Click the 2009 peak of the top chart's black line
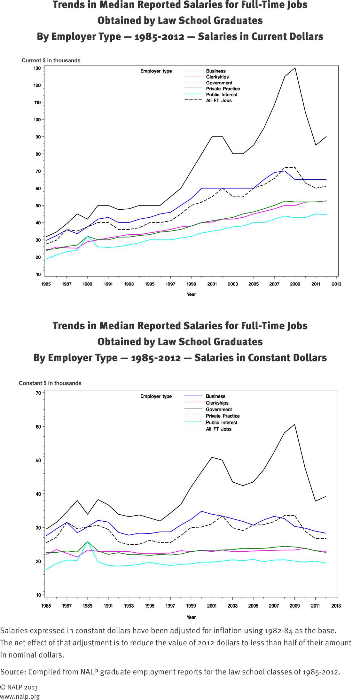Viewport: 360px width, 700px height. pyautogui.click(x=295, y=68)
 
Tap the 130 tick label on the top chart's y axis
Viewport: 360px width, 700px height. pyautogui.click(x=37, y=68)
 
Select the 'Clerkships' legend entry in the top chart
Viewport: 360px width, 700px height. pyautogui.click(x=217, y=77)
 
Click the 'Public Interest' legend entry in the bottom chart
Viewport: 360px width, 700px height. pyautogui.click(x=221, y=423)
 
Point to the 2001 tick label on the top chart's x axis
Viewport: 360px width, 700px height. pyautogui.click(x=212, y=284)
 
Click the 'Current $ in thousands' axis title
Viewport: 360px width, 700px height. pyautogui.click(x=51, y=60)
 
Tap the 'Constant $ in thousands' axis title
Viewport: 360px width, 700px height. pyautogui.click(x=50, y=383)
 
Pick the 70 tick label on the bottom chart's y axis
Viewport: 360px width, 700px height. pyautogui.click(x=38, y=393)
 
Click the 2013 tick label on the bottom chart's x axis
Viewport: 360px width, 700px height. pyautogui.click(x=336, y=606)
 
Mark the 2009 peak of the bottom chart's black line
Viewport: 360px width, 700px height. pyautogui.click(x=294, y=424)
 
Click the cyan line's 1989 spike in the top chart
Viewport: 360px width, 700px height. pyautogui.click(x=87, y=237)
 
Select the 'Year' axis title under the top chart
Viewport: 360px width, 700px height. pyautogui.click(x=191, y=294)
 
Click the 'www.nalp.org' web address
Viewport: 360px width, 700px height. pyautogui.click(x=20, y=696)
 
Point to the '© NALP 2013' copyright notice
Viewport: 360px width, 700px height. pyautogui.click(x=19, y=687)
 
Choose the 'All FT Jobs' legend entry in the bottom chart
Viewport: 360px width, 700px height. pyautogui.click(x=218, y=429)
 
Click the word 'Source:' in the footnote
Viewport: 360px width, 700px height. pyautogui.click(x=13, y=672)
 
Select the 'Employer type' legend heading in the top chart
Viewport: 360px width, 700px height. pyautogui.click(x=156, y=71)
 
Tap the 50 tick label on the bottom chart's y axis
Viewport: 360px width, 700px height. pyautogui.click(x=38, y=460)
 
